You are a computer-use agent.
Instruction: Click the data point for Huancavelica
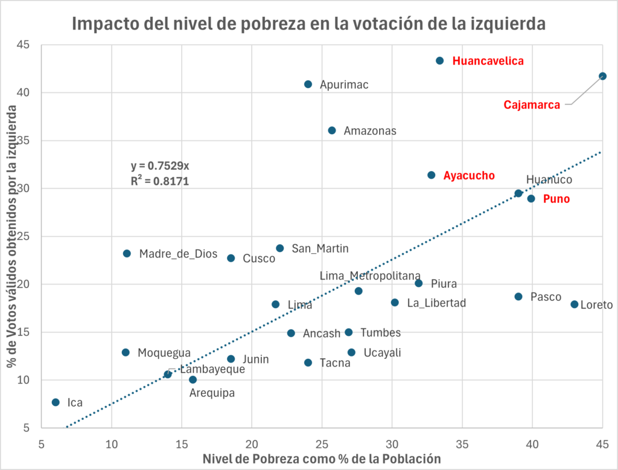click(439, 61)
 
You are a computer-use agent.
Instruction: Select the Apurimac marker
click(308, 85)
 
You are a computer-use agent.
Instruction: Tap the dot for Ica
click(56, 402)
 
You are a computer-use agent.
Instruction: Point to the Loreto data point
click(574, 304)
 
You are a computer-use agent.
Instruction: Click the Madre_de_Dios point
click(127, 254)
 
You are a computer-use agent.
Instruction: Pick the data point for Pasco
click(518, 297)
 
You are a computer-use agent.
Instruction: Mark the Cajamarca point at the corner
click(602, 76)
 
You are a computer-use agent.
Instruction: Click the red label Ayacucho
click(469, 176)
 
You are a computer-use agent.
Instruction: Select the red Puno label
click(556, 199)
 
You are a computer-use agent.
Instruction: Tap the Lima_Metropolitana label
click(370, 275)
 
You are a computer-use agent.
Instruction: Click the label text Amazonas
click(370, 130)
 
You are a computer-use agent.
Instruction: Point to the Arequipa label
click(212, 393)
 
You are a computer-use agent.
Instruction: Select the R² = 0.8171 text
click(160, 181)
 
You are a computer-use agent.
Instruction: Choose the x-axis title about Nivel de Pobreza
click(322, 459)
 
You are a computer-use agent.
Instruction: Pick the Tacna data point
click(308, 362)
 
